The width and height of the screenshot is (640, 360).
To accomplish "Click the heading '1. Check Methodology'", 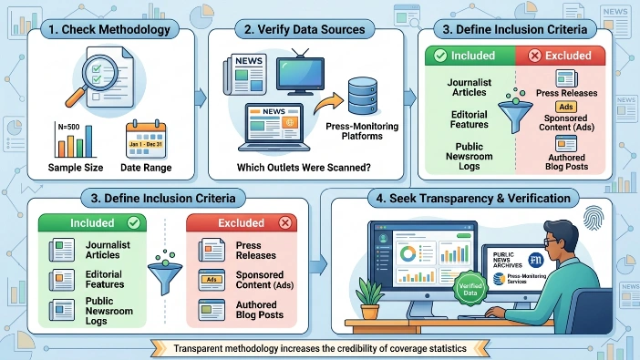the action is click(109, 29).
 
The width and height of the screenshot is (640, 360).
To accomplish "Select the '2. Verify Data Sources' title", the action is click(305, 29).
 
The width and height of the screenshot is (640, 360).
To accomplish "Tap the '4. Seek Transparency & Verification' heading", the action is click(473, 199).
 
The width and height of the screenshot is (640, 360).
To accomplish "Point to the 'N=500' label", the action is click(68, 127).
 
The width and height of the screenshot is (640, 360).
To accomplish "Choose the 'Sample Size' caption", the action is click(76, 168).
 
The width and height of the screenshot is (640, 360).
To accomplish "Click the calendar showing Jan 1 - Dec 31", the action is click(146, 139).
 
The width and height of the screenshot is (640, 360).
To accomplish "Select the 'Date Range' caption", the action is click(146, 168).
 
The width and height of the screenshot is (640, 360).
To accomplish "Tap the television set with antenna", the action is click(301, 73).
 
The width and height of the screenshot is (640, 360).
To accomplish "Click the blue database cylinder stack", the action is click(363, 97).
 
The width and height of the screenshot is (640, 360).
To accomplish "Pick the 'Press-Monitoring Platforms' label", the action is click(362, 131).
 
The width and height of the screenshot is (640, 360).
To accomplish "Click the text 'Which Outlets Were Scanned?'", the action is click(304, 168).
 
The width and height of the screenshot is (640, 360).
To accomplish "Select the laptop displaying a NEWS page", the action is click(274, 128).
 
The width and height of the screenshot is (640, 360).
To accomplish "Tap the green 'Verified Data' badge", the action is click(470, 289).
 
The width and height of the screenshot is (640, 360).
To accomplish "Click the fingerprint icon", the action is click(594, 218).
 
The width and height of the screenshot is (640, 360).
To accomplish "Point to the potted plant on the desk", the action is click(369, 299).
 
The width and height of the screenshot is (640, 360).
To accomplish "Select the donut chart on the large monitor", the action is click(408, 254).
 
